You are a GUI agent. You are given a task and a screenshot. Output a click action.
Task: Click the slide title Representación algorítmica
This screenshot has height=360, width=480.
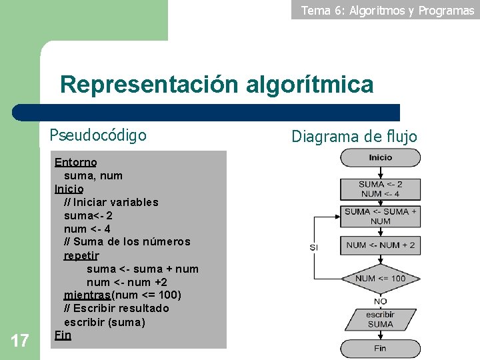click(x=217, y=85)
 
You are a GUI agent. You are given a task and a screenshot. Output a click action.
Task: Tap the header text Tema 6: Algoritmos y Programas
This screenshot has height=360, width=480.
click(x=387, y=10)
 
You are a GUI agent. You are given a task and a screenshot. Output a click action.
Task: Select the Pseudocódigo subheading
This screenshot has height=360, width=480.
click(x=98, y=135)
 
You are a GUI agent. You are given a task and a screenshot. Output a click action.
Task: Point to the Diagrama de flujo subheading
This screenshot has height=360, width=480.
click(x=354, y=137)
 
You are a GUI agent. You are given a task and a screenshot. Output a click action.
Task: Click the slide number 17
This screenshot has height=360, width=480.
click(x=20, y=341)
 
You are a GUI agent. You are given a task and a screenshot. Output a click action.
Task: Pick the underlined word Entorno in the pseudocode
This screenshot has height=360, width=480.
click(x=75, y=162)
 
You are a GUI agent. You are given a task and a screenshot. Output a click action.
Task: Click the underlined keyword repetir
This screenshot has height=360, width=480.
click(x=81, y=255)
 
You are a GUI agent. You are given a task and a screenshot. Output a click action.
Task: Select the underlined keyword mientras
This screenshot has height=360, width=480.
click(x=87, y=295)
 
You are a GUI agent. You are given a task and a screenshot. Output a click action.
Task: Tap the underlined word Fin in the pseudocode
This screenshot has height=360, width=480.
click(x=63, y=335)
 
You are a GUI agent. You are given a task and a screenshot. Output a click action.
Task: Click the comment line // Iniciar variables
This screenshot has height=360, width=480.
click(x=111, y=202)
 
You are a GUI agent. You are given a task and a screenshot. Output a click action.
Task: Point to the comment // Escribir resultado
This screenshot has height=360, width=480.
click(x=117, y=308)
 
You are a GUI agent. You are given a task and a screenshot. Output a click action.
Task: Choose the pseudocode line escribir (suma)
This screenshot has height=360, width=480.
click(x=104, y=322)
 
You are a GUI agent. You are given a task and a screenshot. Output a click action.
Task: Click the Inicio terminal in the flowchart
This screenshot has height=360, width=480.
click(x=380, y=158)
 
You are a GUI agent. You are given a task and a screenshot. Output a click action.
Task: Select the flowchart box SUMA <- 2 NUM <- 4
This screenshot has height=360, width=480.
click(x=380, y=189)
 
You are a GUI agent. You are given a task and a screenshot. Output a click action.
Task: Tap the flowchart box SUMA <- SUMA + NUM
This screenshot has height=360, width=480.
click(x=380, y=216)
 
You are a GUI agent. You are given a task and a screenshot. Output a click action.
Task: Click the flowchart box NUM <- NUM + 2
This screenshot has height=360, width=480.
click(x=380, y=245)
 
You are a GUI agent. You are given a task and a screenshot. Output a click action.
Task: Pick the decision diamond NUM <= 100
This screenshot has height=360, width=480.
click(x=380, y=278)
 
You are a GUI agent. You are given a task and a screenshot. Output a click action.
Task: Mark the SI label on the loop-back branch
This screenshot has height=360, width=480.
click(x=314, y=247)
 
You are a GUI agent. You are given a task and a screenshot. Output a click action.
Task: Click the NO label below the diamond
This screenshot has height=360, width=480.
click(x=380, y=301)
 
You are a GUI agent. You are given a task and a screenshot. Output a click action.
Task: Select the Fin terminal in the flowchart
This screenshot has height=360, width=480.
click(x=380, y=348)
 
